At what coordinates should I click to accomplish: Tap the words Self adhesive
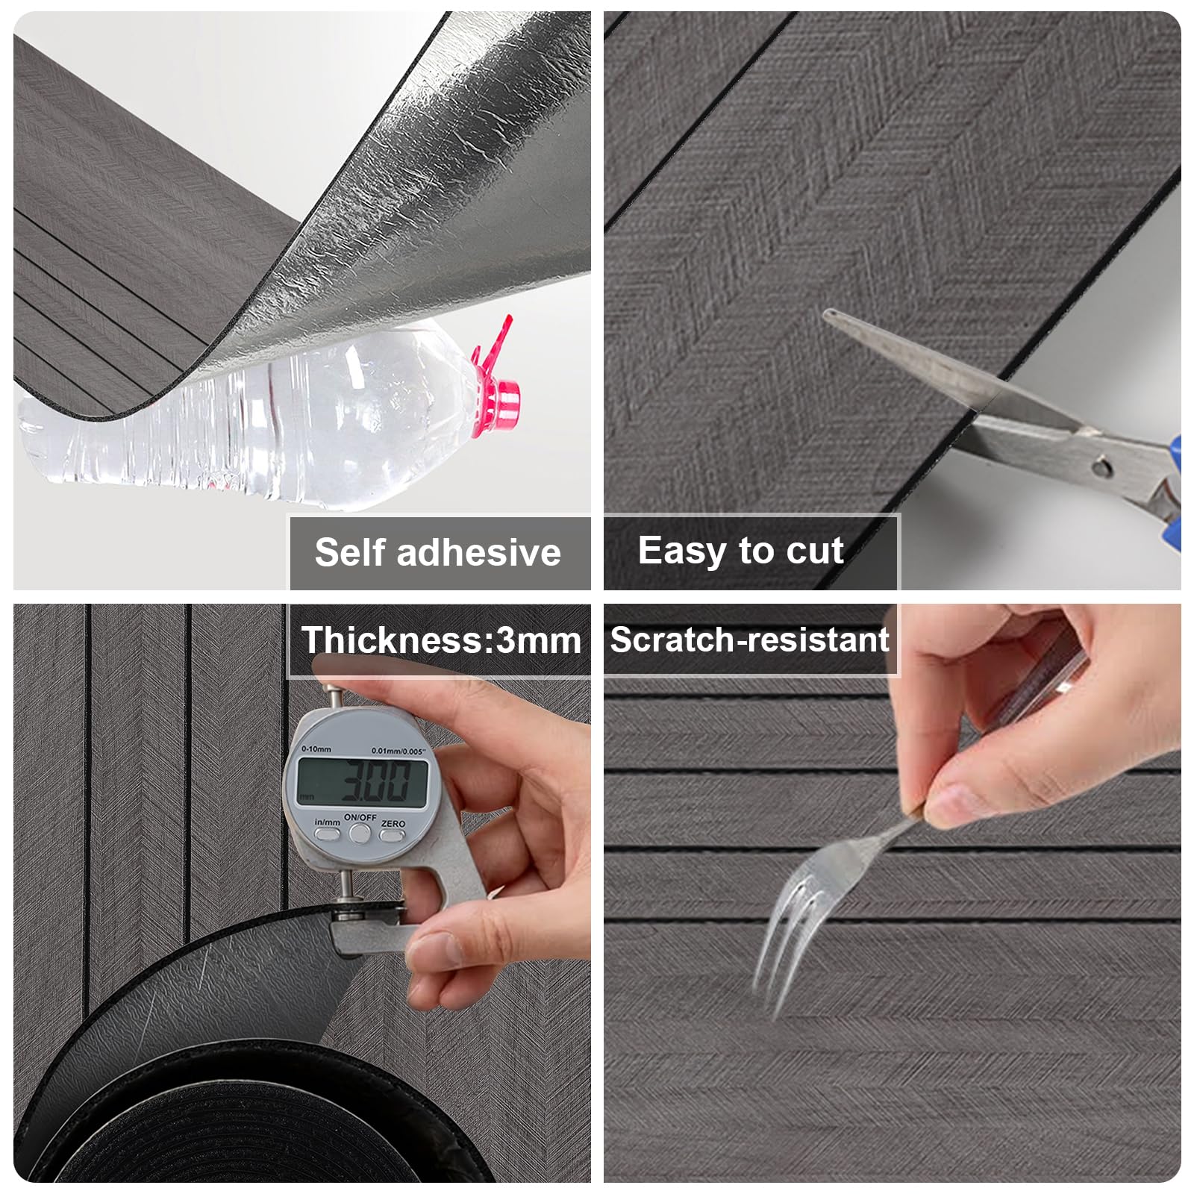[x=437, y=552]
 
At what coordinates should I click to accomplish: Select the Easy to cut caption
[x=740, y=551]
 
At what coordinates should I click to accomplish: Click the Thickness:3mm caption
[x=441, y=640]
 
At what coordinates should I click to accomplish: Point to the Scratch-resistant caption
[x=749, y=640]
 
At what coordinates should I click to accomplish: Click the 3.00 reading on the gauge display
[x=375, y=781]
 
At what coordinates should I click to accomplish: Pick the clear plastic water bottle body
[x=254, y=425]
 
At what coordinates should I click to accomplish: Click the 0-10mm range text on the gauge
[x=316, y=748]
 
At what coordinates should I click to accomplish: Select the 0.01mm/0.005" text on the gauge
[x=398, y=751]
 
